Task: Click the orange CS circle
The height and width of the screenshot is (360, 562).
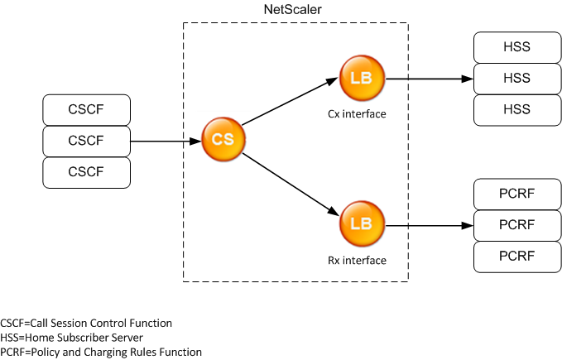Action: coord(223,139)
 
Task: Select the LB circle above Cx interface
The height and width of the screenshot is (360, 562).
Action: coord(362,78)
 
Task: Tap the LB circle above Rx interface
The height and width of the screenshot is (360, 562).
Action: coord(362,223)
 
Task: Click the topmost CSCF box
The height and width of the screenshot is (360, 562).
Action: coord(86,110)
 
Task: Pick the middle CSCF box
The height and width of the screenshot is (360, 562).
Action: coord(86,142)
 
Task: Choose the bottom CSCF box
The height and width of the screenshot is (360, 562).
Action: coord(86,172)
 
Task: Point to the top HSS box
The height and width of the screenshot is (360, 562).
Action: coord(517,47)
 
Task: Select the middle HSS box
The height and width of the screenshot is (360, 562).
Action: coord(517,79)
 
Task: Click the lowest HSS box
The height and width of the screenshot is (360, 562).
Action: coord(517,110)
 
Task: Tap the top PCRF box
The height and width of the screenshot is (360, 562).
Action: coord(517,194)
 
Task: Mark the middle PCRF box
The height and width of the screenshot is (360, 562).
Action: coord(517,225)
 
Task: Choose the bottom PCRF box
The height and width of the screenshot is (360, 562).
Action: coord(517,257)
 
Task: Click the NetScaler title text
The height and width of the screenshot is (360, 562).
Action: coord(292,9)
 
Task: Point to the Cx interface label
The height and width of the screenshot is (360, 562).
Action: coord(357,114)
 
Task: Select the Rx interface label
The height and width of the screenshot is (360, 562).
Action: coord(357,261)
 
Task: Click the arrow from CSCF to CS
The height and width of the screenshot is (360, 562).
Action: coord(166,142)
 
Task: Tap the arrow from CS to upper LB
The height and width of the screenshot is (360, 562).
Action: coord(290,101)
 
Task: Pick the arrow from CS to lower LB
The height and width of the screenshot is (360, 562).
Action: coord(291,185)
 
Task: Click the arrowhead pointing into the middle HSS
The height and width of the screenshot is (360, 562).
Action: coord(468,79)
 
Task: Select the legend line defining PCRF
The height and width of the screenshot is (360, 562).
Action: coord(101,352)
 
